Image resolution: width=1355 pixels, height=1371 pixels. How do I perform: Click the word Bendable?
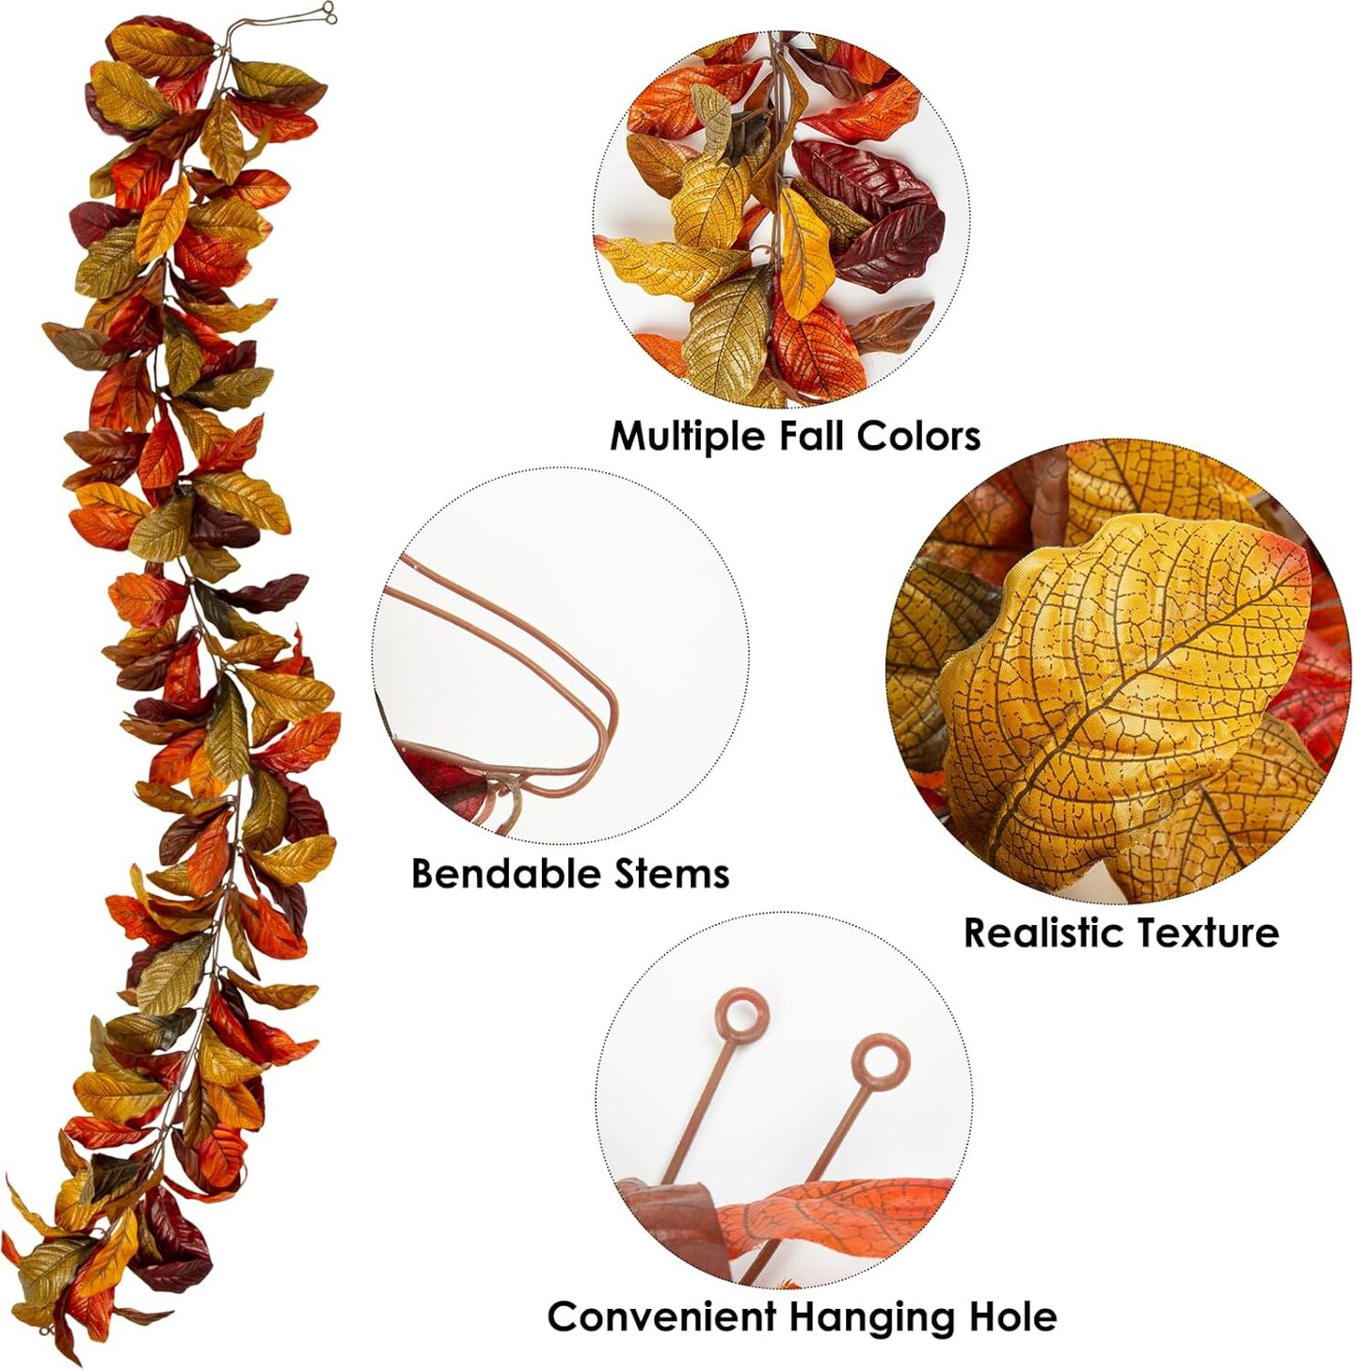click(x=501, y=872)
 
